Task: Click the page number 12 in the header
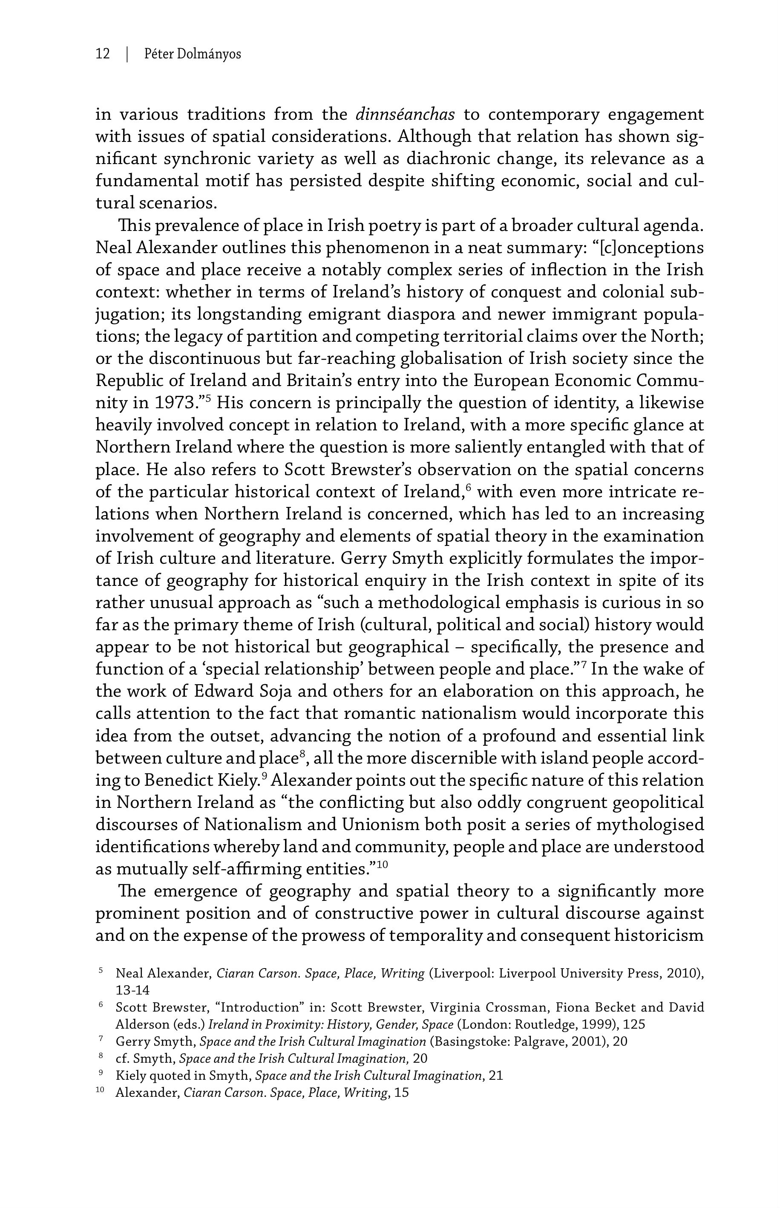(102, 54)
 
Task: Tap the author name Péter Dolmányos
(193, 54)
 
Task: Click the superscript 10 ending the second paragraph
(383, 865)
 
